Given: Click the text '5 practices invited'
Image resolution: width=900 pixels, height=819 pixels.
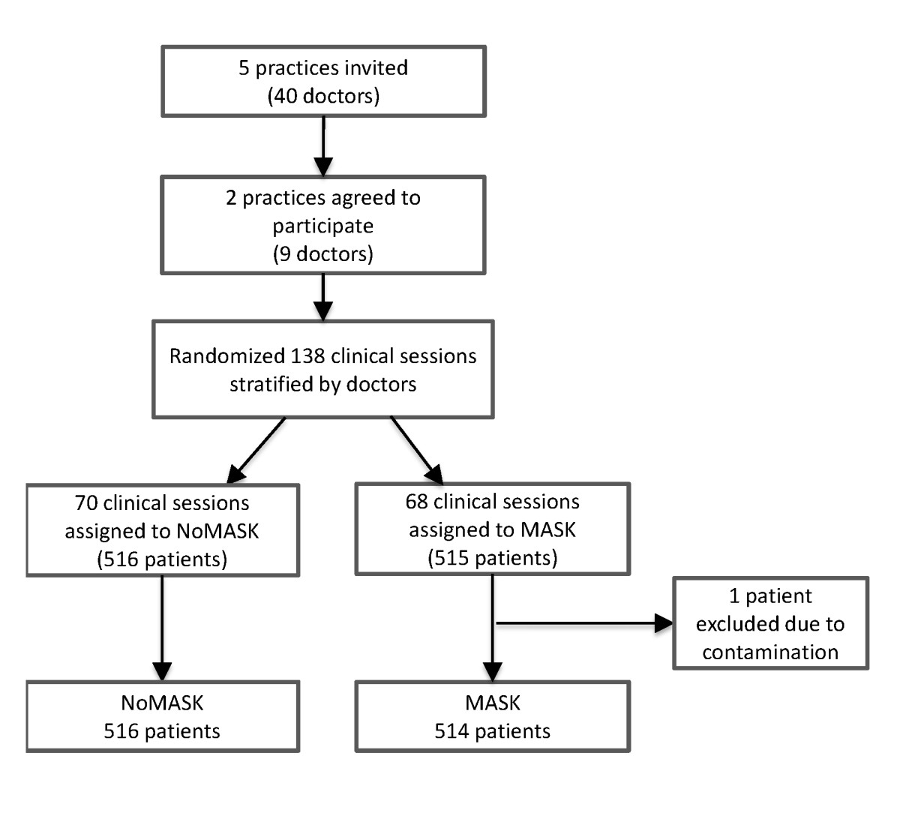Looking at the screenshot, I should [x=323, y=67].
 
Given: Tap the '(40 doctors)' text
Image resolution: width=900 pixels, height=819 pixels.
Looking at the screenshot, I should [x=323, y=96].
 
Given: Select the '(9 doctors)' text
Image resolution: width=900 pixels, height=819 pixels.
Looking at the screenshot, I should [x=323, y=253].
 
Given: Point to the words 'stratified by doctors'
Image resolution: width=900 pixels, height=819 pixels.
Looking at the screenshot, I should [x=323, y=384].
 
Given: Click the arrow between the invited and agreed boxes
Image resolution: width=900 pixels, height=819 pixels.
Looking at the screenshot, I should [x=323, y=146].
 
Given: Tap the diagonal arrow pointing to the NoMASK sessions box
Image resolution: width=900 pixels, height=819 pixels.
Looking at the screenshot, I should [x=255, y=450].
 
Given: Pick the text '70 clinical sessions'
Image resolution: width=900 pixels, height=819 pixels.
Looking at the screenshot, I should [x=162, y=502].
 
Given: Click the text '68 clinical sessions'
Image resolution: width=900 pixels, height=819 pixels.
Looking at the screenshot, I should [x=492, y=501].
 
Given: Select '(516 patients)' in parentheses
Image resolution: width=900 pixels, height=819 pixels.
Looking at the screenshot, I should [x=162, y=559].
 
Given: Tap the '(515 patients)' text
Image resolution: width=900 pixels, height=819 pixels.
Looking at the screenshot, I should [x=492, y=558].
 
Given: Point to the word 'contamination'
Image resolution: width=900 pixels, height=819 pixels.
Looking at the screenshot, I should [x=770, y=652].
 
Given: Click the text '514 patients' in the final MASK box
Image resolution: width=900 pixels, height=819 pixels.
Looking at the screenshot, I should [x=492, y=731].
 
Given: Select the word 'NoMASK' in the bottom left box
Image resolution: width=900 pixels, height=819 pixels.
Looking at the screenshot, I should [x=162, y=703].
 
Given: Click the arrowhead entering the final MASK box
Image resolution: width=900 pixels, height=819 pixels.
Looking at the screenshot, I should [x=492, y=670].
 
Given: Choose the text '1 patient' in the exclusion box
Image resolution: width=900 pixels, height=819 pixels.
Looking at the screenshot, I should [x=770, y=596].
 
